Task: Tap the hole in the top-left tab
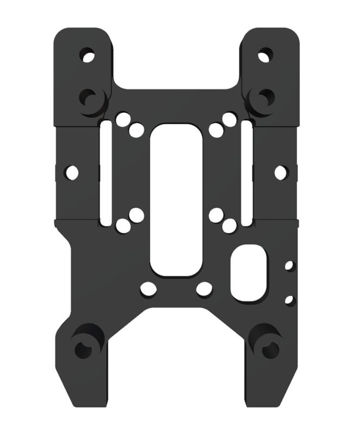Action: coord(87,55)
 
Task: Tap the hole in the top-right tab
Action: coord(265,55)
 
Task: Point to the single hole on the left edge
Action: coord(72,173)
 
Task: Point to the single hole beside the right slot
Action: coord(280,173)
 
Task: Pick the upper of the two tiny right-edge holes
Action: coord(289,265)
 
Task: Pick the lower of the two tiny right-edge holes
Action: coord(289,299)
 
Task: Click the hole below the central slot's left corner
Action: coord(148,289)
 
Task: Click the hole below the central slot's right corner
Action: coord(204,289)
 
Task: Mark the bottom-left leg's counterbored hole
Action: coord(83,349)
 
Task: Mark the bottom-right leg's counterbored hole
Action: coord(269,349)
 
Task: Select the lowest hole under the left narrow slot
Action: coord(123,226)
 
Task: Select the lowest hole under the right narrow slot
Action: coord(229,226)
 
